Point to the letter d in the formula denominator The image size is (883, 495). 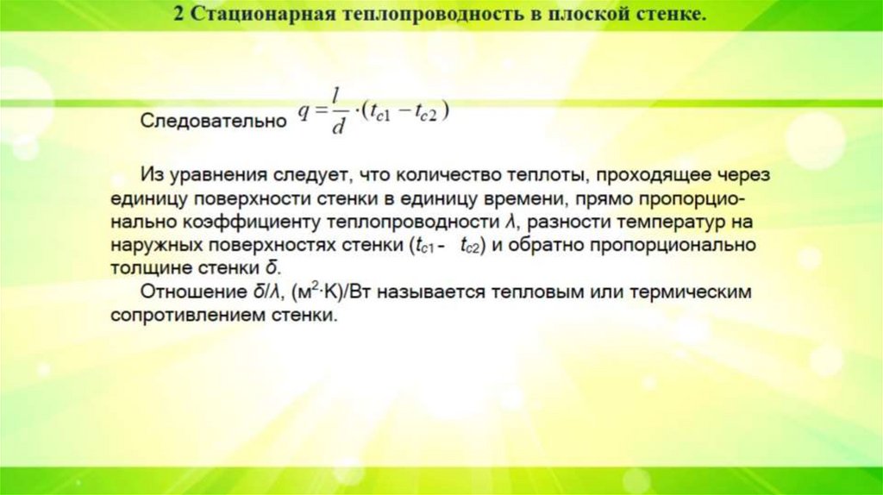pos(340,128)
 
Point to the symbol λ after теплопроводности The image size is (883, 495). pos(510,222)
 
